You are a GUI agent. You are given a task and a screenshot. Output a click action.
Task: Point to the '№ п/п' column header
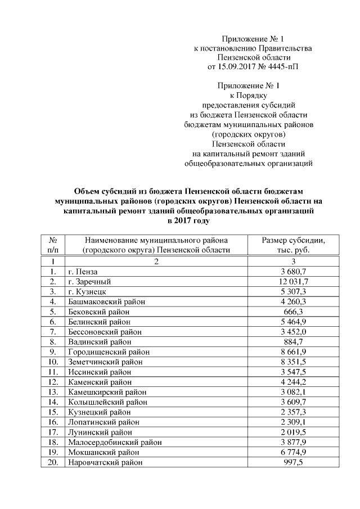[x=53, y=245]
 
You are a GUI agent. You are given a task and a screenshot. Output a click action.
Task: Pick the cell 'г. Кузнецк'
[x=87, y=291]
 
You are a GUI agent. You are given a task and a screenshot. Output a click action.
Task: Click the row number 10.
[x=53, y=362]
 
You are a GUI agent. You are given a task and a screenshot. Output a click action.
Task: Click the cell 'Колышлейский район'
[x=107, y=402]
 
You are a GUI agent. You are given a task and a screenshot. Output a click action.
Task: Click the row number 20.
[x=53, y=462]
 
